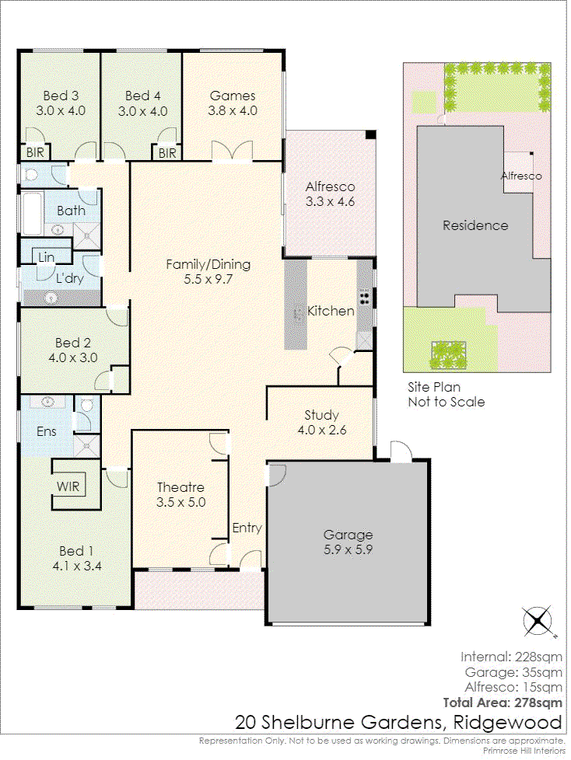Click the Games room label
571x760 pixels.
233,96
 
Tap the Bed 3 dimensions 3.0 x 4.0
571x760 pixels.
61,110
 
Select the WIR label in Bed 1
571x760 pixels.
68,486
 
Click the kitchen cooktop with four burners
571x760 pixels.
364,298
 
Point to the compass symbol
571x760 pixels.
538,620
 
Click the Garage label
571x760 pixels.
348,535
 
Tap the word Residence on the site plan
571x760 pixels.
475,225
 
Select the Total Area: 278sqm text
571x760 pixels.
503,702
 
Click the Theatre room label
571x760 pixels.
180,487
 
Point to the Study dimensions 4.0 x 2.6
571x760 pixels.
321,430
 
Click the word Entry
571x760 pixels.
247,528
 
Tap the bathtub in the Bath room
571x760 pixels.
32,213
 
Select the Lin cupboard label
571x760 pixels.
47,257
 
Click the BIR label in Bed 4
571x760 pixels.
167,153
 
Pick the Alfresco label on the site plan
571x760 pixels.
521,176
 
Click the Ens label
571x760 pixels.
46,431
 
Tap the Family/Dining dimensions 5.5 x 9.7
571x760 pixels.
208,279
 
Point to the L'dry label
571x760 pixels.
70,278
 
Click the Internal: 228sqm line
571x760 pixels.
511,657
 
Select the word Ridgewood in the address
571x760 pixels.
507,723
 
